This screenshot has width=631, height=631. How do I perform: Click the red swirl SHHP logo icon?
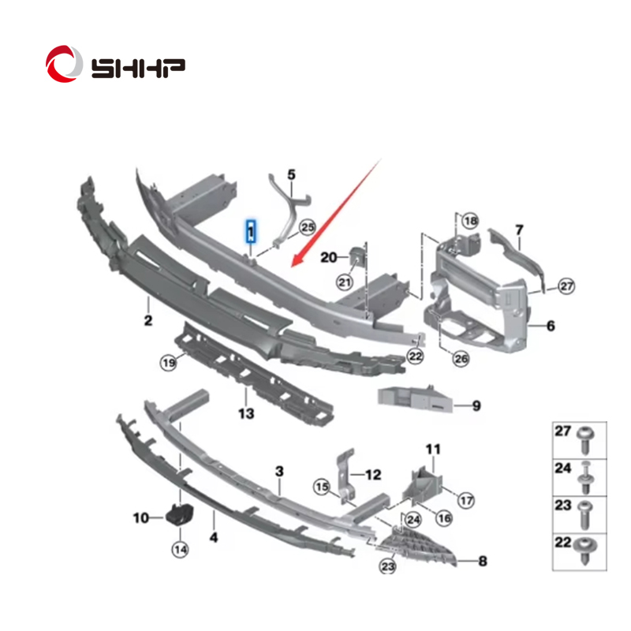tap(64, 64)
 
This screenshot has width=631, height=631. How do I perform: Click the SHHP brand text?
tap(139, 68)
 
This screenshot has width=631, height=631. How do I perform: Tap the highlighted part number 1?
tap(251, 231)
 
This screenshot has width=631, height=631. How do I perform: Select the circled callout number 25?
tap(308, 227)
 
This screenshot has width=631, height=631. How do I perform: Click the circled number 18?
tap(470, 221)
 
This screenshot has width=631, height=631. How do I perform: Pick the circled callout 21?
tap(345, 282)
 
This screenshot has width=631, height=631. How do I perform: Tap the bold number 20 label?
tap(328, 257)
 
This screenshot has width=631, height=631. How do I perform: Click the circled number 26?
tap(461, 358)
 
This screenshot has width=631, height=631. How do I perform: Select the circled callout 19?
tap(169, 363)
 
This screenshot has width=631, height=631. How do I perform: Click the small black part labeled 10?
tap(180, 514)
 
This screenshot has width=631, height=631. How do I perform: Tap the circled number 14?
tap(180, 549)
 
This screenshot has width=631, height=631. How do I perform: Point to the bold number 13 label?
tap(246, 413)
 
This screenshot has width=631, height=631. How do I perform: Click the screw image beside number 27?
tap(584, 440)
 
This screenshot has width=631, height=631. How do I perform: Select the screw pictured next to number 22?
tap(585, 550)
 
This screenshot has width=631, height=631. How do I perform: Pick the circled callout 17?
tap(466, 501)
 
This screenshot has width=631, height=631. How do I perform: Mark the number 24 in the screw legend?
tap(562, 468)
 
